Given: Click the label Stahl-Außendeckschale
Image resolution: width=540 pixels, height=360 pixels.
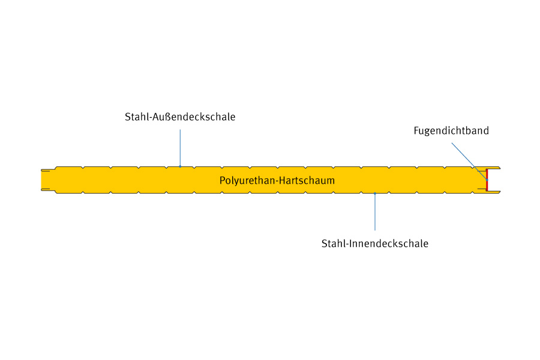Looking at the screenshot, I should point(180,117).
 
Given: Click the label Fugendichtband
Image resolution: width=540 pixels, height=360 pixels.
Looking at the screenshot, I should point(451,131).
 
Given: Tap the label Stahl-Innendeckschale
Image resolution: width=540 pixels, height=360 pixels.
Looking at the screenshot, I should point(375,244).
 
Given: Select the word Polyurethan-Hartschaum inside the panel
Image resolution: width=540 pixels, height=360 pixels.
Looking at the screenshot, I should point(277,180).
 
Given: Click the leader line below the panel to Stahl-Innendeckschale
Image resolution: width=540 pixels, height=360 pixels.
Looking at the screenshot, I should point(375,213).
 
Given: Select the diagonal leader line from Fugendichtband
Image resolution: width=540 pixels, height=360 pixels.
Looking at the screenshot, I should point(468,160).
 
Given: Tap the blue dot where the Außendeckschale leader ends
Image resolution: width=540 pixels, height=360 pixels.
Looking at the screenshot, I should point(180,166).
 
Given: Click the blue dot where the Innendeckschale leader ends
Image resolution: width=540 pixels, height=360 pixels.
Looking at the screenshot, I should point(375,193).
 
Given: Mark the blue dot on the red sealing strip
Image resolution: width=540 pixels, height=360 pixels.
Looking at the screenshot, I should point(487,179).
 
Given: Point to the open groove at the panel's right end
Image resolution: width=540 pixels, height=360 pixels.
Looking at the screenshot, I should point(493,180).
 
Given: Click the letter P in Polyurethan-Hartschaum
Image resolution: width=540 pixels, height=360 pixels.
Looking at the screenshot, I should point(223,180).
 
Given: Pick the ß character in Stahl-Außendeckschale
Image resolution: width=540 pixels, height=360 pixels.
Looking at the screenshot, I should point(166,117).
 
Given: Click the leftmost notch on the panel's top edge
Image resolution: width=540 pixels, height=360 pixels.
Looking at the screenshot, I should point(83,167).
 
